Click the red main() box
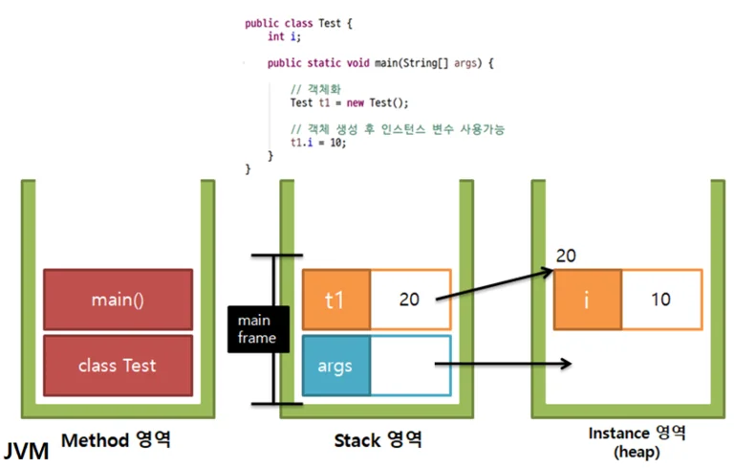click(118, 300)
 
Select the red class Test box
click(118, 366)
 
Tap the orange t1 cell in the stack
click(336, 300)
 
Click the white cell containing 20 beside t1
click(411, 300)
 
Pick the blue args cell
click(336, 366)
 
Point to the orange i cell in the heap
click(588, 300)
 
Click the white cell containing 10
click(662, 300)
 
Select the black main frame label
click(258, 329)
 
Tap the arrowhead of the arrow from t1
click(549, 272)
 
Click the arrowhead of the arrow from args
click(567, 364)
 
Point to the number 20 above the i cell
click(566, 256)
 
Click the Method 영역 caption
click(116, 440)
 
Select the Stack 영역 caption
click(378, 440)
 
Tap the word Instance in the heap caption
click(619, 433)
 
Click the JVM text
click(26, 452)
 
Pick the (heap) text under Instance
click(637, 452)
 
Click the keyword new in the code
click(356, 102)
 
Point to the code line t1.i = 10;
click(318, 142)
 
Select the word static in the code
click(324, 63)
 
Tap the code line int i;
click(284, 36)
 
